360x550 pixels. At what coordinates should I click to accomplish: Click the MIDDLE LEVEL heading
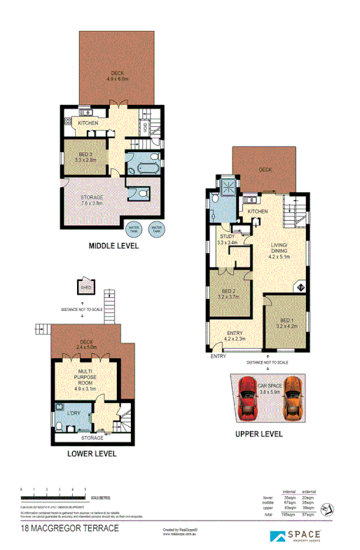113,246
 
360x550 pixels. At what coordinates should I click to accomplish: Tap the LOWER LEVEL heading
91,453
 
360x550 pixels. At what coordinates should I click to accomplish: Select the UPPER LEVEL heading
258,434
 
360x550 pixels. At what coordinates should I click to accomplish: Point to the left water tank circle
133,228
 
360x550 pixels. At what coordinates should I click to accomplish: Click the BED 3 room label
85,157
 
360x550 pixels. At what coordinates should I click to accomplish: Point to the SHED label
85,287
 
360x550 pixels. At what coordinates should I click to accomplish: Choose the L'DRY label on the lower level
74,413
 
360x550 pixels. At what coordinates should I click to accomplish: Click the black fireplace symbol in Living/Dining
301,286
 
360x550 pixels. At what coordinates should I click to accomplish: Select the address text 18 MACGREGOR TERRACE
70,528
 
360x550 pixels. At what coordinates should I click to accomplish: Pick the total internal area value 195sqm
287,515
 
